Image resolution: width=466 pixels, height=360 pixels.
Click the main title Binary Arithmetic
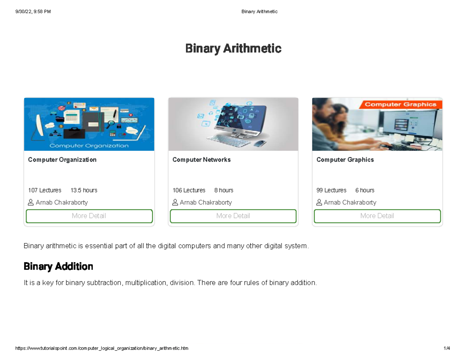(x=233, y=49)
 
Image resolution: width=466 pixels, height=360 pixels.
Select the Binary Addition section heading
(x=58, y=267)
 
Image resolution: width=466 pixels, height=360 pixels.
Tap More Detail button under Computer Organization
(x=89, y=216)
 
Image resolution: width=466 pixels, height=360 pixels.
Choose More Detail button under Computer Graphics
(x=377, y=216)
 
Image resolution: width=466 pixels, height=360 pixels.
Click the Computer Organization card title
(x=62, y=160)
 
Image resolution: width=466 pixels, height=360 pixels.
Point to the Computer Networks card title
(x=202, y=160)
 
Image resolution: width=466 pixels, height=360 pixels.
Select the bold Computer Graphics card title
(x=345, y=160)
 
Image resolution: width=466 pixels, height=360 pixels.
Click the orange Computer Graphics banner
(x=401, y=104)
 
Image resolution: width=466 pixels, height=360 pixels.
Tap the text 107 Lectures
(x=45, y=190)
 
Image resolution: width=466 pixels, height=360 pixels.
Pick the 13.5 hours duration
(x=84, y=190)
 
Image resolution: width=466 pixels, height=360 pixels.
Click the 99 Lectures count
(x=331, y=190)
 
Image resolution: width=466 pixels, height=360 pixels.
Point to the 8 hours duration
(x=224, y=190)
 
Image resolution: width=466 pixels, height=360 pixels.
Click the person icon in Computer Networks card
(x=175, y=202)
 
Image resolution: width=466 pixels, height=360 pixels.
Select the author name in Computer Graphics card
(x=350, y=203)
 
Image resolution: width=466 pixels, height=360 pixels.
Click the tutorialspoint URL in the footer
(x=102, y=348)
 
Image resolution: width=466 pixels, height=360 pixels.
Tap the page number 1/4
(x=447, y=348)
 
